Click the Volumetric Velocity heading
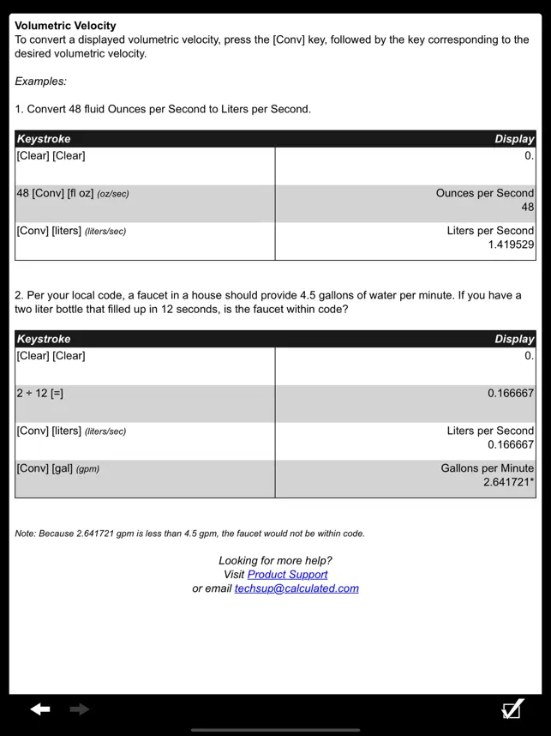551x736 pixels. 65,26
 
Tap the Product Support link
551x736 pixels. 287,575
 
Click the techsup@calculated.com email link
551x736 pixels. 296,588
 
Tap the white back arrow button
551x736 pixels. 40,709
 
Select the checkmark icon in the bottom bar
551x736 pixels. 512,709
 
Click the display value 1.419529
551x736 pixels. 511,244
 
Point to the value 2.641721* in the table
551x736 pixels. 508,482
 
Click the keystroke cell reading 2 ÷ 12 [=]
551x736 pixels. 40,394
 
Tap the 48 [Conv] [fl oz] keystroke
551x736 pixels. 73,194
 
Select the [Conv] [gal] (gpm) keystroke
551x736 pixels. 57,468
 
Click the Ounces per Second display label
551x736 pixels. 484,193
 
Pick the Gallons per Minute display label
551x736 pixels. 487,468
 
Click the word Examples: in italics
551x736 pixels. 40,81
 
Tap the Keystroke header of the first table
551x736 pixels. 44,139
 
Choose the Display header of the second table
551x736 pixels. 514,339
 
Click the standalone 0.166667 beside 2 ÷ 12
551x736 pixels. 511,394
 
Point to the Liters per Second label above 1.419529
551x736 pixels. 490,231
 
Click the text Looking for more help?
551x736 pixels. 275,561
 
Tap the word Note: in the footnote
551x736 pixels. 27,534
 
